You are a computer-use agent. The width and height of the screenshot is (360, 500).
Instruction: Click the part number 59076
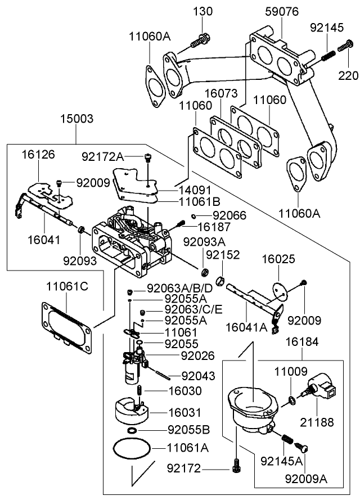(x=281, y=11)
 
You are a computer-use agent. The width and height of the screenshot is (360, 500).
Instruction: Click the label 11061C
(x=67, y=286)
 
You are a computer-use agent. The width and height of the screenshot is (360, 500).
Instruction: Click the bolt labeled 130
(x=200, y=41)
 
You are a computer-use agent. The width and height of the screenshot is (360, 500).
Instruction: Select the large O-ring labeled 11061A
(x=132, y=449)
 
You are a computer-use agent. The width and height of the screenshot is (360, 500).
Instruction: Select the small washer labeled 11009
(x=290, y=400)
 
